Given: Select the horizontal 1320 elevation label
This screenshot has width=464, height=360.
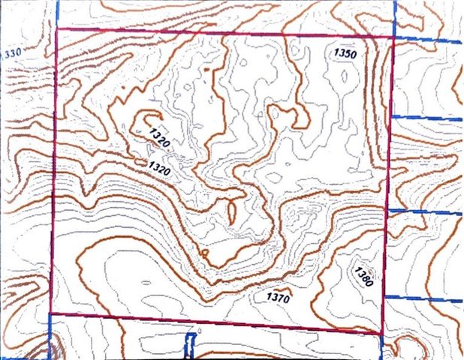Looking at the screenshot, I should click(x=161, y=169).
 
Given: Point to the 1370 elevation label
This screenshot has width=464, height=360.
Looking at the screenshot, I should click(x=278, y=297).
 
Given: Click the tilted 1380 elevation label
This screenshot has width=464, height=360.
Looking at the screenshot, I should click(x=365, y=278).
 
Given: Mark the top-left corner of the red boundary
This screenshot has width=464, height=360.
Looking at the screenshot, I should click(x=58, y=29).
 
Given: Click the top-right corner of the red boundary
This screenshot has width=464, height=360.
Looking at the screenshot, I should click(x=394, y=36).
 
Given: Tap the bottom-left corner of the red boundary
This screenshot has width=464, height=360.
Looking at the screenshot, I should click(x=50, y=313).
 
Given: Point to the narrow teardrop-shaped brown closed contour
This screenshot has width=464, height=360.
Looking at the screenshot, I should click(x=233, y=208).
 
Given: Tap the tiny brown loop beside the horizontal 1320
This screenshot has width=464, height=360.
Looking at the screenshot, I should click(x=140, y=160).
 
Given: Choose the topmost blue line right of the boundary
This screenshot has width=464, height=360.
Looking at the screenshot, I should click(x=428, y=38).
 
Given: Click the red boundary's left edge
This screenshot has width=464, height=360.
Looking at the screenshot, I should click(x=53, y=172).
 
